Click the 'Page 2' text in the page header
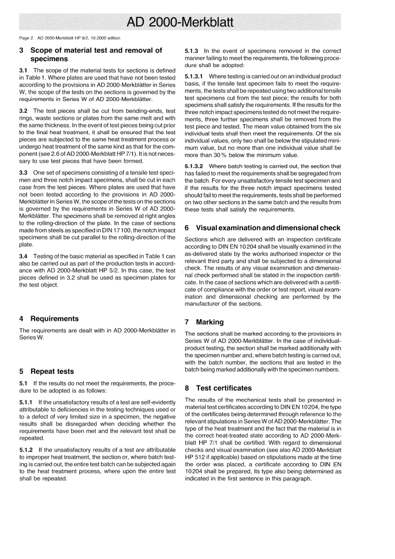coord(26,38)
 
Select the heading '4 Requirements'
coord(49,319)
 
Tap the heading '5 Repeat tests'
coord(47,372)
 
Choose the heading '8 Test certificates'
coord(218,388)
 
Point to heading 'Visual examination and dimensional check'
coord(268,228)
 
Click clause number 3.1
coord(23,71)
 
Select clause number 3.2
coord(23,111)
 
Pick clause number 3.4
coord(23,256)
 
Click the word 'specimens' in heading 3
coord(49,59)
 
